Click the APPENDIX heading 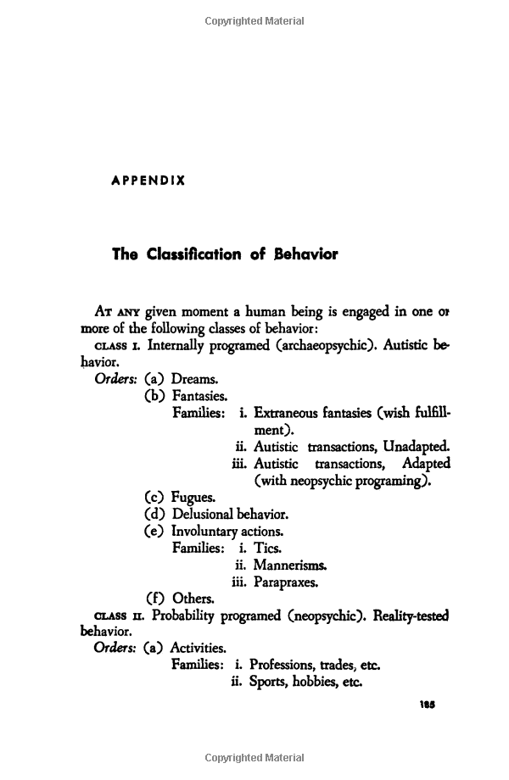pos(148,181)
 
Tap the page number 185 pos(427,703)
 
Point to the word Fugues pos(193,498)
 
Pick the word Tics pos(267,549)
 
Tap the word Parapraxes pos(287,582)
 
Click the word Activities pos(198,648)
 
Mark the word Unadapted pos(416,447)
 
